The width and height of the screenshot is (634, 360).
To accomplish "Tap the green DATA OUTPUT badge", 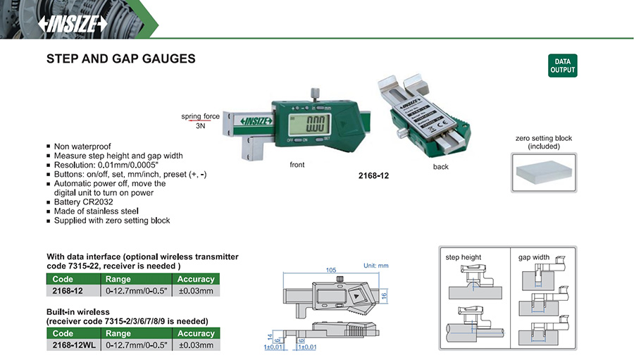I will [x=562, y=66].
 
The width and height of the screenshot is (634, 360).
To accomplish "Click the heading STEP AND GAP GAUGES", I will [x=120, y=59].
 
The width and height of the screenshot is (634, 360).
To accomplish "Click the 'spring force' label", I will [x=201, y=116].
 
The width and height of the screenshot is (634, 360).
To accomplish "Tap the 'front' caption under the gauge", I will [x=297, y=164].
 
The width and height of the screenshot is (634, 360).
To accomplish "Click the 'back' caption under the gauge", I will [x=440, y=167].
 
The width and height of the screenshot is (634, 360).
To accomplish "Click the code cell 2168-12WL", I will [x=73, y=345].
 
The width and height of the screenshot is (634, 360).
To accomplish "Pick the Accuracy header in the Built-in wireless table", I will [x=196, y=333].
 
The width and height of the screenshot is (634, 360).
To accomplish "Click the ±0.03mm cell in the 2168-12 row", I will [x=196, y=290].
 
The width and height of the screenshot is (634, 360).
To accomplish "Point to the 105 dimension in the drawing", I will [x=331, y=270].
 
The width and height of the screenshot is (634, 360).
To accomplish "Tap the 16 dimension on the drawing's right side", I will [x=384, y=296].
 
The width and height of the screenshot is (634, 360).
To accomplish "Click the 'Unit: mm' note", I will [x=375, y=266].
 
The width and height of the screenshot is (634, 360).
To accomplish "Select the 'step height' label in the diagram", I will [x=464, y=257].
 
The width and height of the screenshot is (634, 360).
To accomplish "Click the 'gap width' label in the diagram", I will [x=534, y=257].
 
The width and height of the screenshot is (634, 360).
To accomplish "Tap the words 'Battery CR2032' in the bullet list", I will [x=83, y=201].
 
